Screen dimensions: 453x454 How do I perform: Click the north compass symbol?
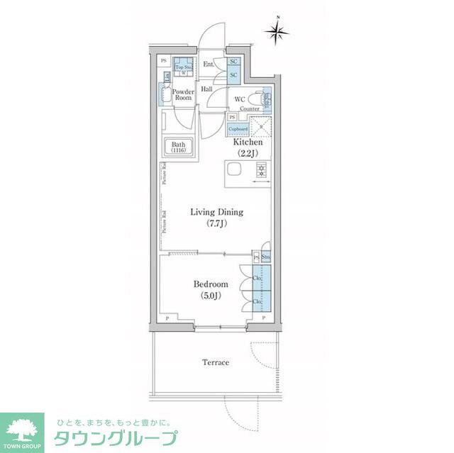[x=277, y=30]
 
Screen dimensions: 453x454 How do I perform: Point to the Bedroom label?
[x=211, y=284]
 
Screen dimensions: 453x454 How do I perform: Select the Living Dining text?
[x=216, y=212]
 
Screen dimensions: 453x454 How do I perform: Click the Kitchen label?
[x=248, y=142]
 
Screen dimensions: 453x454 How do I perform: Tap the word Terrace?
[x=216, y=362]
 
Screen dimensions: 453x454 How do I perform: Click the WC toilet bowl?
[x=266, y=100]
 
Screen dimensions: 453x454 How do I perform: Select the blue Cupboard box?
[x=238, y=129]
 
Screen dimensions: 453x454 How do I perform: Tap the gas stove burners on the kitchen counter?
[x=260, y=169]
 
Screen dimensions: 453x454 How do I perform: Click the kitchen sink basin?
[x=234, y=169]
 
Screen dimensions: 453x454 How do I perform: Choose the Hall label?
[x=206, y=90]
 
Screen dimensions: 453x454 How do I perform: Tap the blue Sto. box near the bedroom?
[x=265, y=256]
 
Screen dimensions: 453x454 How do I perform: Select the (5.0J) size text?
[x=211, y=296]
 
